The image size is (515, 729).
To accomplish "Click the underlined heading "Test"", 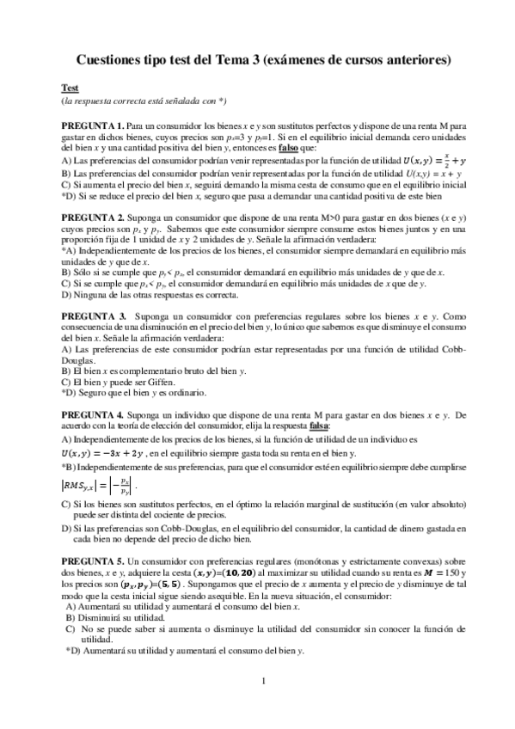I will [x=70, y=89].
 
